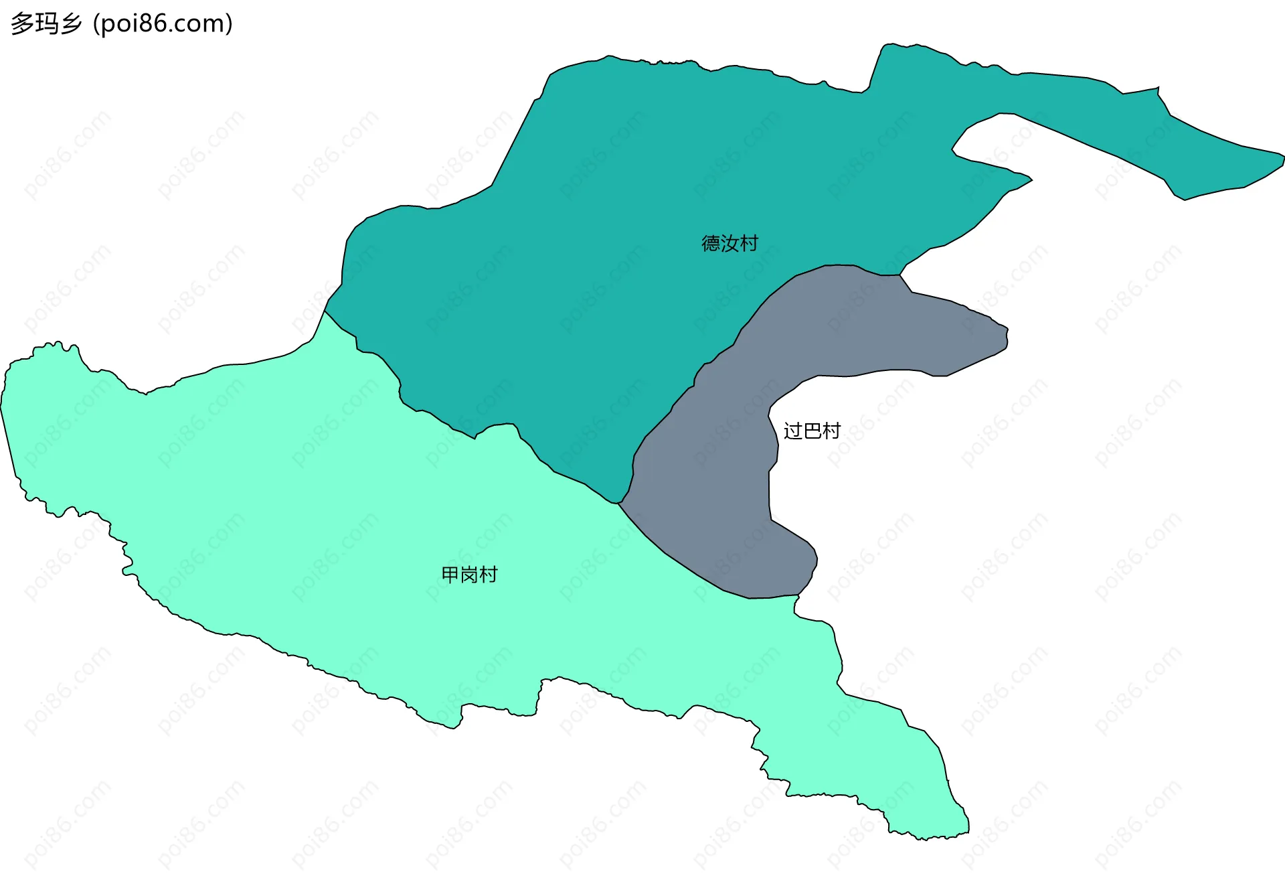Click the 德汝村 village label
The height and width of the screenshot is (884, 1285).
point(730,243)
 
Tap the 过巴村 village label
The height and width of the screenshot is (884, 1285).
point(812,431)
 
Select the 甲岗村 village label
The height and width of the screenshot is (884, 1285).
point(469,575)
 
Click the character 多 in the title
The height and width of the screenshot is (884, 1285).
point(21,24)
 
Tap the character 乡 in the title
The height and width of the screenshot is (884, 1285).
point(70,24)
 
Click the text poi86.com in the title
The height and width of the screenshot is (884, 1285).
point(163,24)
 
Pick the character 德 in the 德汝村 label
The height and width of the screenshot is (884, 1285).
point(711,243)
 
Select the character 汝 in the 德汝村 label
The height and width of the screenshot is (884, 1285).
point(730,243)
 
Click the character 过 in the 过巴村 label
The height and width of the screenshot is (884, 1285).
point(793,431)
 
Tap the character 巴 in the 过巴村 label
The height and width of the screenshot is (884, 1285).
point(812,431)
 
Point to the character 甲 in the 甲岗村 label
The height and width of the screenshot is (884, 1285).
point(450,575)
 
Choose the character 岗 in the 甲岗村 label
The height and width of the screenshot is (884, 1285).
point(469,575)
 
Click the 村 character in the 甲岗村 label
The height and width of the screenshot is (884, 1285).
point(489,575)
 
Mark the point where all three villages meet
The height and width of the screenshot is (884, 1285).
point(618,504)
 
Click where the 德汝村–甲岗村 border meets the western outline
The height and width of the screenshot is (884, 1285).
point(325,311)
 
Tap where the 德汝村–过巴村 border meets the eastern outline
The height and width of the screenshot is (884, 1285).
point(900,275)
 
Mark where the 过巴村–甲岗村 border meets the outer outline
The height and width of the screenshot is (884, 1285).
point(798,595)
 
